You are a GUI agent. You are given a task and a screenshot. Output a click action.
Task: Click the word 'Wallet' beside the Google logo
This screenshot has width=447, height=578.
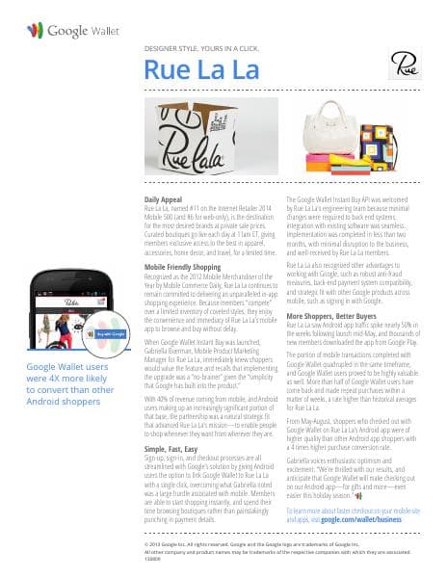[x=105, y=32]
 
